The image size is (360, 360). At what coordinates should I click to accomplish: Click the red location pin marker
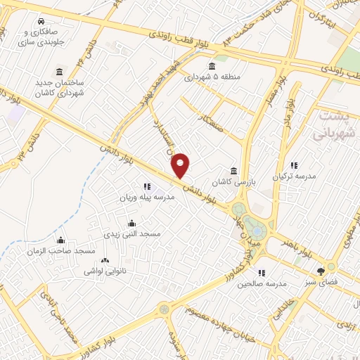point(181,166)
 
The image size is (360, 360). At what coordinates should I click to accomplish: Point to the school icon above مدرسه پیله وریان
point(146,187)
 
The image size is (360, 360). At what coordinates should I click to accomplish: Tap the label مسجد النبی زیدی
point(132,233)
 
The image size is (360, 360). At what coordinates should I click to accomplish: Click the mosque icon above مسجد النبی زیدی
point(132,223)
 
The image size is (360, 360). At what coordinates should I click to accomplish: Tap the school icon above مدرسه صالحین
point(261,273)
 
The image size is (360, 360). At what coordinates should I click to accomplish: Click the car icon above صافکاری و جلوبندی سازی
point(43,21)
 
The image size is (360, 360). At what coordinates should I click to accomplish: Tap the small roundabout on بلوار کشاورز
point(164,308)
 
